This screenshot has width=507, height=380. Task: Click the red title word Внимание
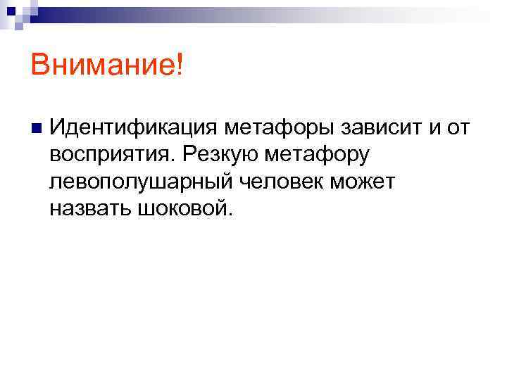coord(104,67)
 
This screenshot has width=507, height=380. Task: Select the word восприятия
coord(111,156)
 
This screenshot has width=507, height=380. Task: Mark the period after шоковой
coord(227,213)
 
